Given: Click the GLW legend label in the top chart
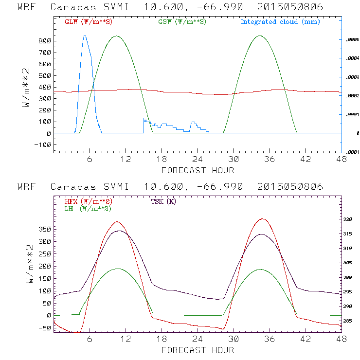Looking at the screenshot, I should [86, 22].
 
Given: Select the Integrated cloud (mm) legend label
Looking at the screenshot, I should [280, 22].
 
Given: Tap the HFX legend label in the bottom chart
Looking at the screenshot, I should [86, 201].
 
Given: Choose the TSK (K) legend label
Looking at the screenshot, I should [163, 201].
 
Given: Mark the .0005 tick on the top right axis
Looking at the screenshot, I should [351, 40].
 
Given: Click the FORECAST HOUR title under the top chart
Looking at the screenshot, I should [198, 170].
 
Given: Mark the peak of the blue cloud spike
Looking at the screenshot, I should [85, 36].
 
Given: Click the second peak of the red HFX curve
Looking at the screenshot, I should [263, 219].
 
